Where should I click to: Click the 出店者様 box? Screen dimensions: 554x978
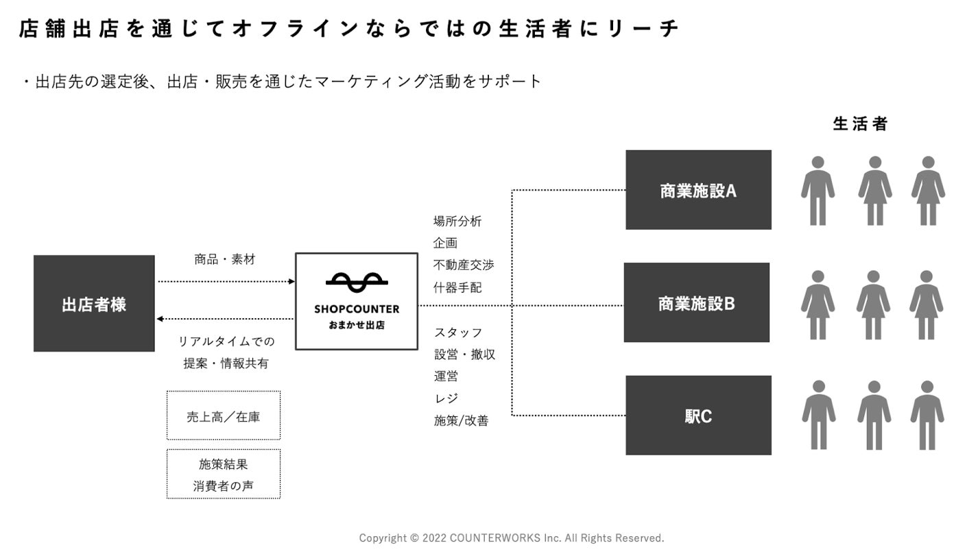tap(94, 304)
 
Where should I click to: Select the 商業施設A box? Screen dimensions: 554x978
tap(698, 190)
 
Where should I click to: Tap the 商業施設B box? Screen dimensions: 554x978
tap(696, 302)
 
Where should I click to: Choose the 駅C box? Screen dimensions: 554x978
tap(698, 416)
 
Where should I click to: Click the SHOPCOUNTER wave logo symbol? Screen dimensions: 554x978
tap(357, 280)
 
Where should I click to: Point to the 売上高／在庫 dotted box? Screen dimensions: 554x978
tap(224, 416)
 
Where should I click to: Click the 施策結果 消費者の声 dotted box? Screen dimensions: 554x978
tap(224, 474)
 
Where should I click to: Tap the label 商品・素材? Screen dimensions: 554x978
tap(225, 259)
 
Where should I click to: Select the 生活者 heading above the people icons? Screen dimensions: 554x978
tap(860, 124)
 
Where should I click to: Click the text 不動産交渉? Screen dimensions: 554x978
tap(464, 265)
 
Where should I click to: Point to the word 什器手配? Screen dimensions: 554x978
tap(457, 288)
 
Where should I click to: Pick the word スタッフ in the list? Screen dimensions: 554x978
tap(458, 333)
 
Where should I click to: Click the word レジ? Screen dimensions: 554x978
tap(446, 398)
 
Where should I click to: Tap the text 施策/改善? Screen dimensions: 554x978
tap(461, 421)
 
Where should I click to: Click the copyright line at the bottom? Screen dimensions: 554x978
tap(512, 538)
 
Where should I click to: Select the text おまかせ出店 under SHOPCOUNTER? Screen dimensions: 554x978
tap(357, 325)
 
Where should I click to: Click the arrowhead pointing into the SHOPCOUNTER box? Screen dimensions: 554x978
tap(291, 281)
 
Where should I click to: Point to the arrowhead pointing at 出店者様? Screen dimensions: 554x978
tap(160, 319)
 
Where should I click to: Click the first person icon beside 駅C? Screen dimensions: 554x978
tap(818, 415)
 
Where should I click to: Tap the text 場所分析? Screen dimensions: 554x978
tap(457, 221)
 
